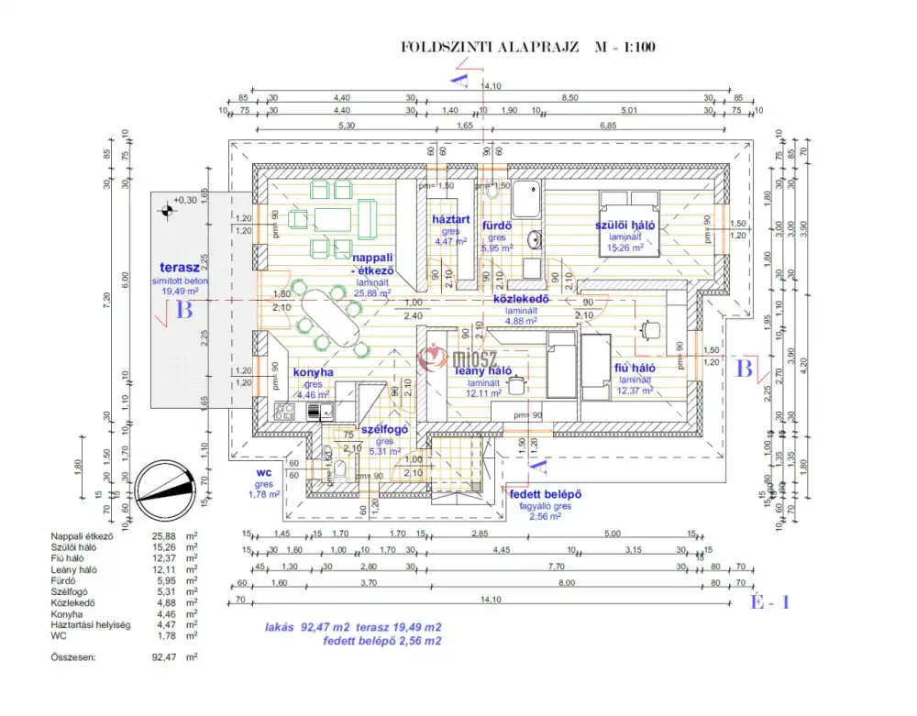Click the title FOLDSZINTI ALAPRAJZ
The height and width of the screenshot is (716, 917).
[x=490, y=47]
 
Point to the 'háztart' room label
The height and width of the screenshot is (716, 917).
[x=451, y=220]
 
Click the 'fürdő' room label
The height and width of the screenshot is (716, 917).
[x=497, y=225]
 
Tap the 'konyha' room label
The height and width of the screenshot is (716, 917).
[x=313, y=373]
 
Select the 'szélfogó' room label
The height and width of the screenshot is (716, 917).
[x=383, y=429]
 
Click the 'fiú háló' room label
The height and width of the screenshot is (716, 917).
[x=635, y=369]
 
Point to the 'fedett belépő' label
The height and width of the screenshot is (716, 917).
[x=550, y=495]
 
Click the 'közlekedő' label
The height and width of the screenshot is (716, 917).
[x=520, y=299]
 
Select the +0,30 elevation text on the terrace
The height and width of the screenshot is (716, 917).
[x=185, y=200]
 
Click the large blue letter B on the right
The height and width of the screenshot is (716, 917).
[x=745, y=369]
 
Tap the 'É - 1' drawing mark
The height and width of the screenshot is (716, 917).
[x=770, y=602]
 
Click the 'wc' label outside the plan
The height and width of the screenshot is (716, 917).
[x=265, y=473]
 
